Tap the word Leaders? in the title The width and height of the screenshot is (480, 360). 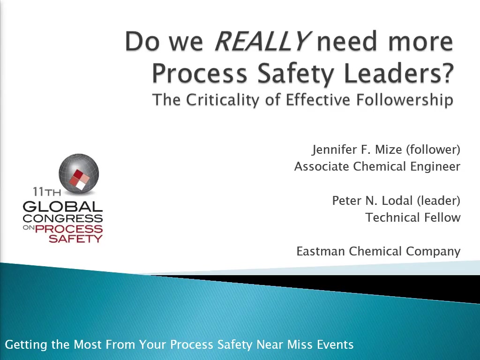pyautogui.click(x=398, y=73)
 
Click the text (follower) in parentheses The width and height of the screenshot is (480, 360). pyautogui.click(x=433, y=150)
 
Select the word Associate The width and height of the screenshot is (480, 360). pyautogui.click(x=322, y=166)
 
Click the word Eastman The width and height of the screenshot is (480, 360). pyautogui.click(x=321, y=251)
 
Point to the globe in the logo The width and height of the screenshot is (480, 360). pyautogui.click(x=79, y=174)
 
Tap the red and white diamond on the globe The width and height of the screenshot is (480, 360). pyautogui.click(x=79, y=180)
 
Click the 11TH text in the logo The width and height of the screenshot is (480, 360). pyautogui.click(x=47, y=192)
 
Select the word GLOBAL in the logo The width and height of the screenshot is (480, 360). pyautogui.click(x=63, y=207)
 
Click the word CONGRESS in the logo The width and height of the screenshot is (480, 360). pyautogui.click(x=63, y=218)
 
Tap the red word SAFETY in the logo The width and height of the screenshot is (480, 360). pyautogui.click(x=75, y=239)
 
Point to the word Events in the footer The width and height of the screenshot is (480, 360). pyautogui.click(x=335, y=345)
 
